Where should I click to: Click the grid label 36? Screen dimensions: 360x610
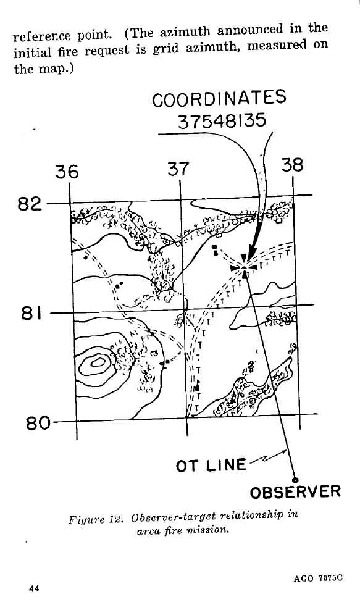click(x=67, y=172)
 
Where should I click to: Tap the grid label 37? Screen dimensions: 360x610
click(x=178, y=169)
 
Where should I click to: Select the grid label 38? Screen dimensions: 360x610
click(x=292, y=165)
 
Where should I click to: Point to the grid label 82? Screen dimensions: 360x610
click(x=30, y=204)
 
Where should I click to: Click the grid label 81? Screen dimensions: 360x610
click(x=32, y=313)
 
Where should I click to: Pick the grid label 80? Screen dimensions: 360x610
click(x=38, y=423)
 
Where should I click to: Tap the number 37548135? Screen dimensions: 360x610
click(x=222, y=122)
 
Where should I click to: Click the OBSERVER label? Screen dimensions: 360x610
click(x=295, y=493)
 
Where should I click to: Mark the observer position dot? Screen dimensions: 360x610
click(x=295, y=480)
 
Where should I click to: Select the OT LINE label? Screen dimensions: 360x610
click(x=211, y=466)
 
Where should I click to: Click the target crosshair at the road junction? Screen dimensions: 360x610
click(x=244, y=267)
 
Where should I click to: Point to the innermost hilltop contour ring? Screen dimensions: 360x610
click(x=98, y=363)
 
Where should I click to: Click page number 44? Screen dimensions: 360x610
click(x=34, y=588)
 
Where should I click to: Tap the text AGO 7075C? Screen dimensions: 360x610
click(x=319, y=578)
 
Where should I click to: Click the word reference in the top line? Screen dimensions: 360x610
click(x=43, y=36)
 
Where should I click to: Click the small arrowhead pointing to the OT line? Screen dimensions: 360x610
click(x=285, y=452)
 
